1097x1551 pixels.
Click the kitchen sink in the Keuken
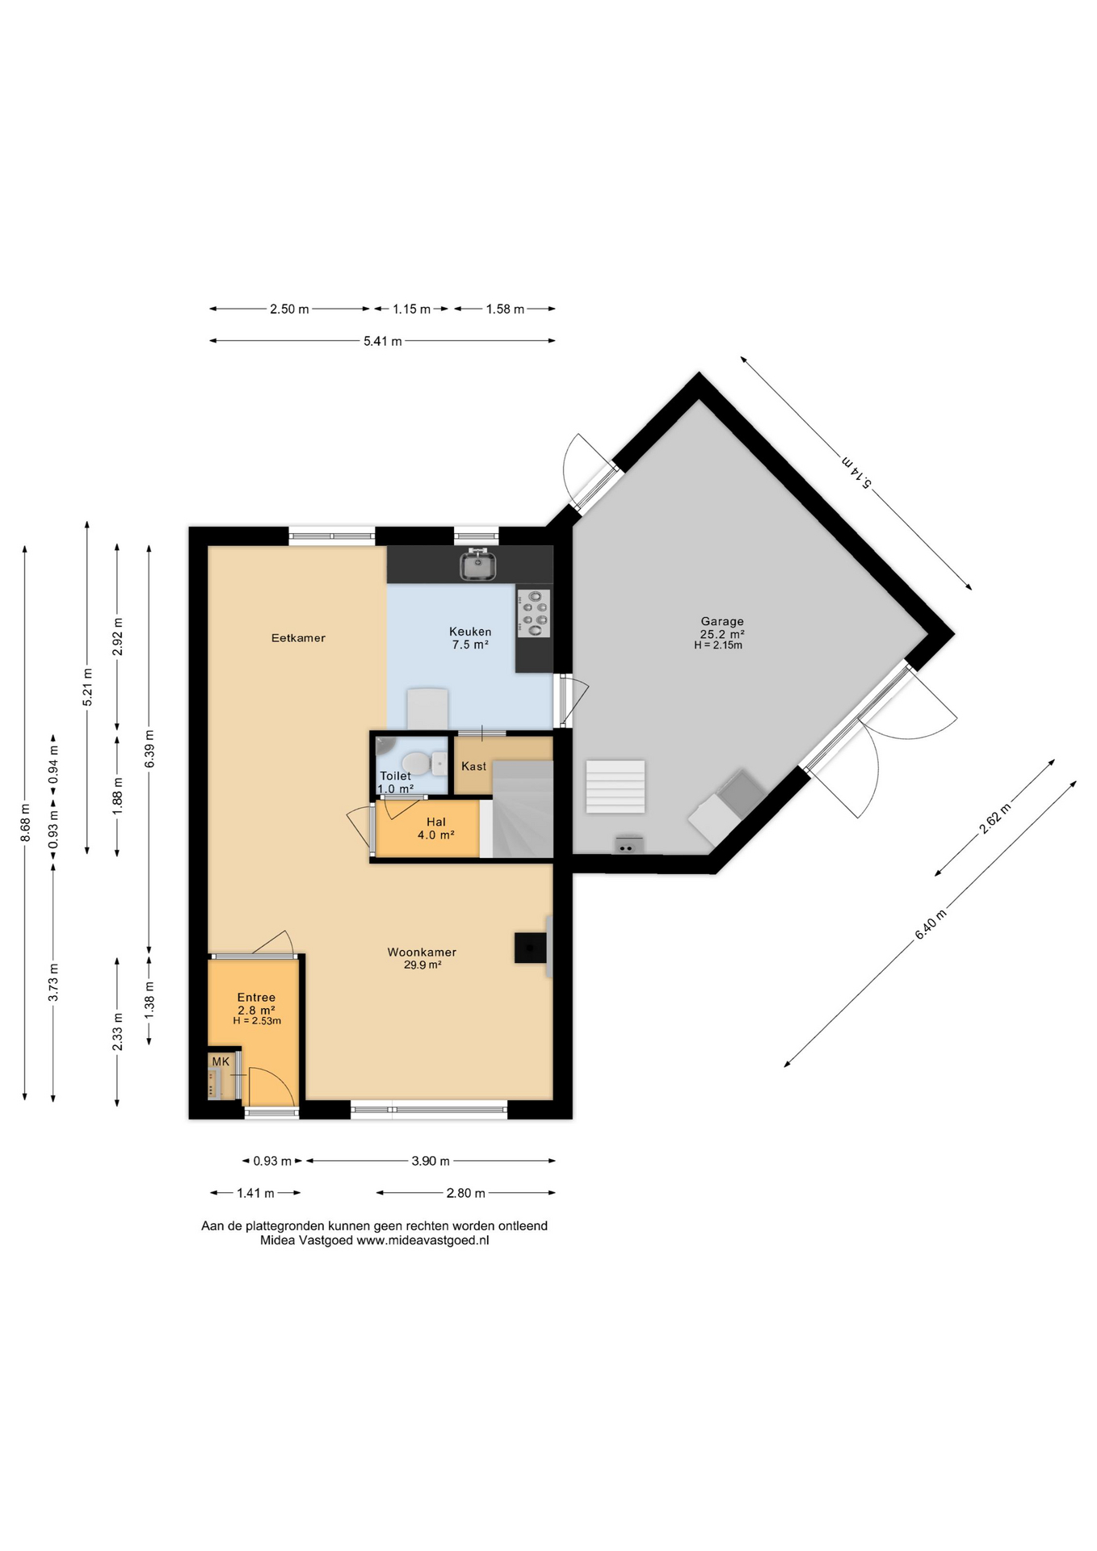pyautogui.click(x=478, y=565)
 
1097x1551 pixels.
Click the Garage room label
pyautogui.click(x=722, y=621)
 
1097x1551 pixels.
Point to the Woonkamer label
pyautogui.click(x=422, y=952)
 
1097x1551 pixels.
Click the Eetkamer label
pyautogui.click(x=298, y=638)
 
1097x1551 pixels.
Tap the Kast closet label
pyautogui.click(x=474, y=766)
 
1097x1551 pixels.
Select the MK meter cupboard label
pyautogui.click(x=221, y=1061)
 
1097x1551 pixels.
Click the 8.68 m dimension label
pyautogui.click(x=25, y=822)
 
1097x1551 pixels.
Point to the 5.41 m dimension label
pyautogui.click(x=383, y=341)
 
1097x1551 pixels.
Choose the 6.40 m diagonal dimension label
pyautogui.click(x=931, y=924)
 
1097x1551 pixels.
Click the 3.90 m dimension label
pyautogui.click(x=431, y=1161)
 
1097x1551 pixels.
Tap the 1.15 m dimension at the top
pyautogui.click(x=412, y=309)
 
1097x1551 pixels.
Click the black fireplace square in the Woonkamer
pyautogui.click(x=530, y=948)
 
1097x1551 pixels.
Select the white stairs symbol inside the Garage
pyautogui.click(x=616, y=786)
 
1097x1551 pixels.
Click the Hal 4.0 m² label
pyautogui.click(x=436, y=828)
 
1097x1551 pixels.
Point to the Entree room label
pyautogui.click(x=256, y=998)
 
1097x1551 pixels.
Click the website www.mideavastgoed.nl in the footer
pyautogui.click(x=422, y=1241)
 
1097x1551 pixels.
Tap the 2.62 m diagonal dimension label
pyautogui.click(x=995, y=818)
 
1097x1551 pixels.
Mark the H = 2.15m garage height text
pyautogui.click(x=718, y=645)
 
